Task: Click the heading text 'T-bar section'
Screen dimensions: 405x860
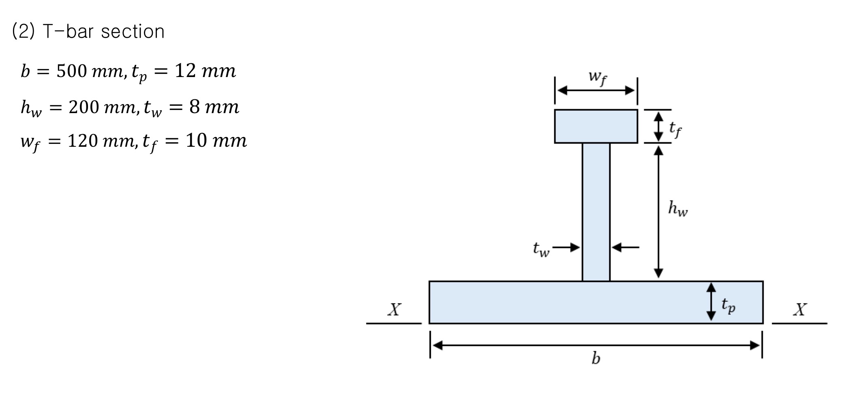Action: (x=103, y=32)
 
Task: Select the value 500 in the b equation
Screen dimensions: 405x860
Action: (x=71, y=71)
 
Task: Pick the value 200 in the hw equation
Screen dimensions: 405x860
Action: (x=84, y=107)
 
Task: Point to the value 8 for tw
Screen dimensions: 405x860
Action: (x=194, y=107)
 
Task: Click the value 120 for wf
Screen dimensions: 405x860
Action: (x=82, y=141)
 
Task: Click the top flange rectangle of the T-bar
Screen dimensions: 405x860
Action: (x=596, y=126)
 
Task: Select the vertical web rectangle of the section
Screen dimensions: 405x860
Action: (x=596, y=211)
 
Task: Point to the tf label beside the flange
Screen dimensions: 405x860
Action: (x=675, y=129)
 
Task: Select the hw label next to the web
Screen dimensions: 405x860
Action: (x=678, y=209)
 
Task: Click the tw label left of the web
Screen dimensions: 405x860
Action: (x=541, y=249)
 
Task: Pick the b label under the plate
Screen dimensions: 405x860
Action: (x=595, y=358)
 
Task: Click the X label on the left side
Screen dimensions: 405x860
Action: (x=394, y=310)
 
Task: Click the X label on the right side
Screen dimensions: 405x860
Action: (x=800, y=310)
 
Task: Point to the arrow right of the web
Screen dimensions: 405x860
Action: (x=625, y=247)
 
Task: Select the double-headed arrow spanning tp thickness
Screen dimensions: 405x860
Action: (x=711, y=302)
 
